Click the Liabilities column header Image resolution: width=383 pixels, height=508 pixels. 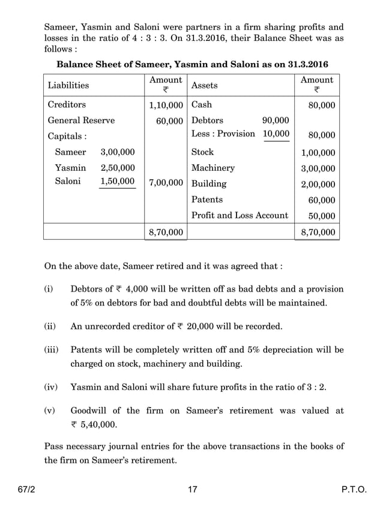click(x=68, y=85)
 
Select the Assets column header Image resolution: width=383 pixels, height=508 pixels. click(x=204, y=85)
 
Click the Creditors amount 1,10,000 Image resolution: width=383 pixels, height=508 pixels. click(x=166, y=105)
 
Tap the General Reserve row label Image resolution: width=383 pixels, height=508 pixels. click(x=81, y=120)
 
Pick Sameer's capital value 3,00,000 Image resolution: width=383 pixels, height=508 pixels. click(x=118, y=152)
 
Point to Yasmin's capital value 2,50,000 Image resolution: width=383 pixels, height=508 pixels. click(x=118, y=168)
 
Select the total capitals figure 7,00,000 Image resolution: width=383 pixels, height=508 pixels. click(x=166, y=183)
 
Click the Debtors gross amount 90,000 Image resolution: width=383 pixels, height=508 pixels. click(x=276, y=120)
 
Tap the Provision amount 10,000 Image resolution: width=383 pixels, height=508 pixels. click(x=276, y=133)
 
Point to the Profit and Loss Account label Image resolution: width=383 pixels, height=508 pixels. click(x=239, y=215)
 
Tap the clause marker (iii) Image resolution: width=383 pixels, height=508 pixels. click(x=51, y=349)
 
